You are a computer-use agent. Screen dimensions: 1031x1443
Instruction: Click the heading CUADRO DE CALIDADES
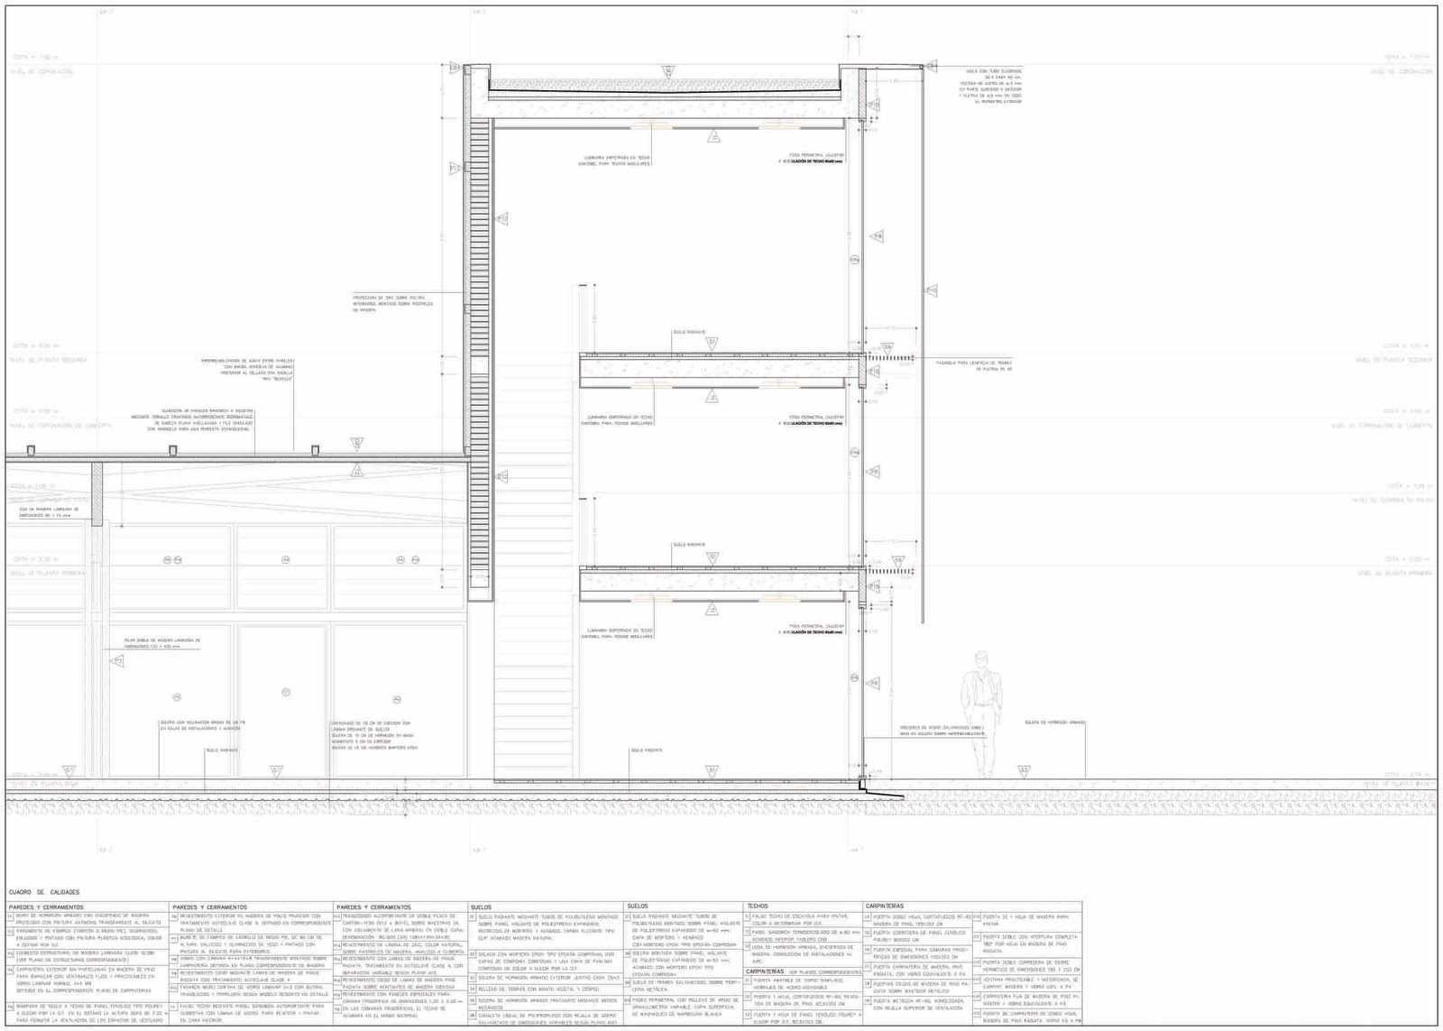(44, 892)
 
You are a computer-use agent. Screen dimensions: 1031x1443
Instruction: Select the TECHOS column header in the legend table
(758, 906)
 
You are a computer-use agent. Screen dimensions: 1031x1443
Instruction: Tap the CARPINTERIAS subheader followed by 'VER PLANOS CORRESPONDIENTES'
(803, 971)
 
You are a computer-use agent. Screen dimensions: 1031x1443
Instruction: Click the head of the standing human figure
(981, 659)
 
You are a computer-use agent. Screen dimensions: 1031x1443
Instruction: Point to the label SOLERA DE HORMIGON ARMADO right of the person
(1054, 723)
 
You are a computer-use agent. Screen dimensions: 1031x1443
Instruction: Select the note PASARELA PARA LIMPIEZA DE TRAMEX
(974, 364)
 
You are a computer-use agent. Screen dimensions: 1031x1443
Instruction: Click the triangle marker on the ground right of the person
(1024, 771)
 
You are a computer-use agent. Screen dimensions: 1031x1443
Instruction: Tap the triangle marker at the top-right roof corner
(931, 65)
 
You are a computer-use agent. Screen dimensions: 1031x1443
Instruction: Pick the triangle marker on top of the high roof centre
(668, 69)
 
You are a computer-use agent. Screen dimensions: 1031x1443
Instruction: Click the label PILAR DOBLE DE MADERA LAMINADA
(163, 643)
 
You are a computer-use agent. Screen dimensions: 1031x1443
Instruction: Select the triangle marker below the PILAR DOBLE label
(117, 661)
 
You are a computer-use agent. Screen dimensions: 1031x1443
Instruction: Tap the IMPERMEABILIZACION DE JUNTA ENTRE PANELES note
(247, 369)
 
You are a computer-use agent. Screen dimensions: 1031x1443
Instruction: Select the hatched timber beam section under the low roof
(97, 492)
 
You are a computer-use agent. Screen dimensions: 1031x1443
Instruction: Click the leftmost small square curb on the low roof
(31, 450)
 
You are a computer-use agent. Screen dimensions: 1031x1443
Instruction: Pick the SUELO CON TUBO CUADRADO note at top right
(993, 86)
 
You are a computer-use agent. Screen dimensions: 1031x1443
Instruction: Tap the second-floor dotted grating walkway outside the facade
(890, 358)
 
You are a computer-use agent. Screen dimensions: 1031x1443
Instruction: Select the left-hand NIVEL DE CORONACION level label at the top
(43, 71)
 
